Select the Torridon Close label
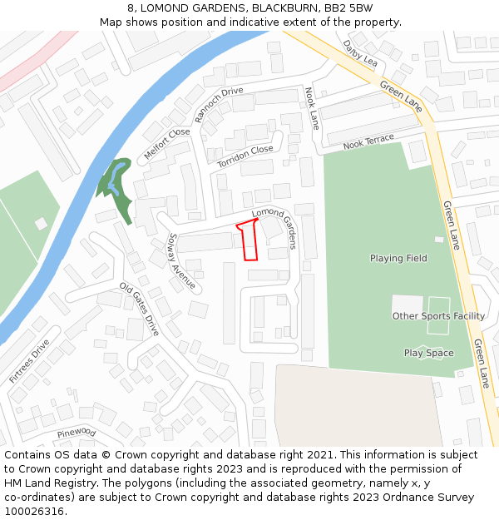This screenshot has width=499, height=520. pos(245,156)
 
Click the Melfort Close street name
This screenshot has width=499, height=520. pos(166,143)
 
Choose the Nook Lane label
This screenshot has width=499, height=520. pos(312,108)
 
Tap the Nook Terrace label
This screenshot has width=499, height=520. pos(368,141)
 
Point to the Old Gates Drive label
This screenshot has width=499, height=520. pos(139,308)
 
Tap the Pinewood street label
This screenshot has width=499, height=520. pos(77,433)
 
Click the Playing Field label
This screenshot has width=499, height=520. pos(398,258)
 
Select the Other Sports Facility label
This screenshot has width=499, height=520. pos(438,316)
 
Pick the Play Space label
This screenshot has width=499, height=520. pos(428,353)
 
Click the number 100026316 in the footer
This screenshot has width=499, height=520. pos(34,511)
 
